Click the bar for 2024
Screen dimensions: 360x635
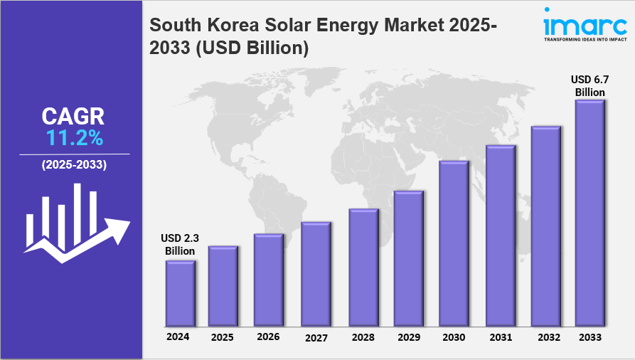click(180, 292)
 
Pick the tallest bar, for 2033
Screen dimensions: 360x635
click(589, 211)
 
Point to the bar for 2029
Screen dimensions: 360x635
click(408, 257)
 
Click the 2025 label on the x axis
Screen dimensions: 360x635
click(223, 337)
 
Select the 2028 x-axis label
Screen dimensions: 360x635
click(362, 337)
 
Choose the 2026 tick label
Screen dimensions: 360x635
click(268, 337)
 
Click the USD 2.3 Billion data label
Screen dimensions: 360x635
click(180, 245)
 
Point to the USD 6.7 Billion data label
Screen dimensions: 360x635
click(589, 85)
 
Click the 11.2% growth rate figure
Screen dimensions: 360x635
click(75, 137)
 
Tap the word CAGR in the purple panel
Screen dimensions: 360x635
click(73, 117)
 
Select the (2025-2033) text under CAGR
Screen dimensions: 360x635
click(74, 164)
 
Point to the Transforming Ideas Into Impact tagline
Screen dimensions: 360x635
click(585, 40)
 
